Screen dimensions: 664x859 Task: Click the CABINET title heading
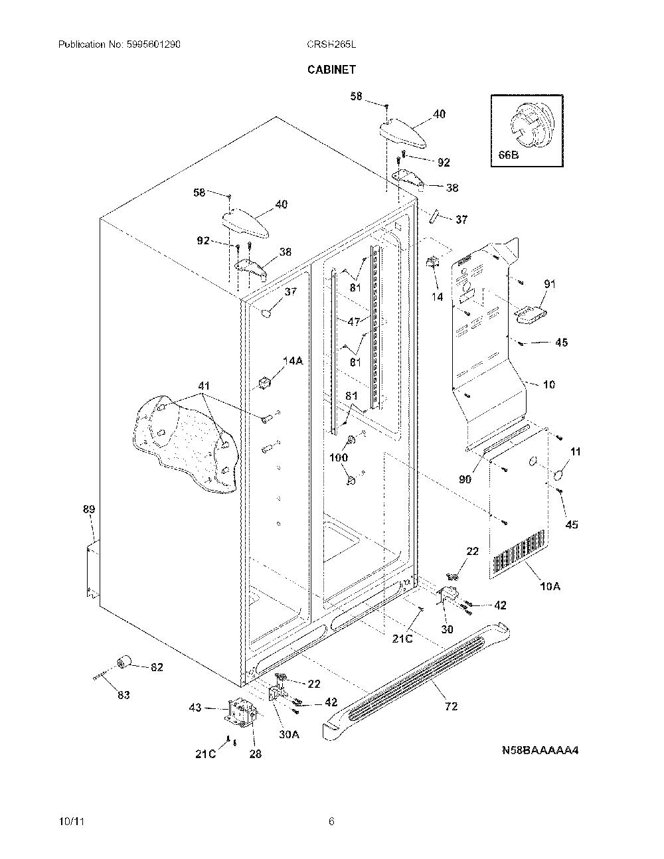(x=331, y=70)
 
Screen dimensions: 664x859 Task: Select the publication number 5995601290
(x=153, y=44)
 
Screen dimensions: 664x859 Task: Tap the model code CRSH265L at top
(x=331, y=44)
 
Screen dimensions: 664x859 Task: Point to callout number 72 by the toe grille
(x=451, y=706)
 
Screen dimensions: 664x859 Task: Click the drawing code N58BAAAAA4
(x=540, y=750)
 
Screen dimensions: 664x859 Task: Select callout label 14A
(x=293, y=360)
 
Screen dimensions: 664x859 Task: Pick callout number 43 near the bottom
(x=195, y=707)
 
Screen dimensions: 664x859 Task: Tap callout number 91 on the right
(x=550, y=284)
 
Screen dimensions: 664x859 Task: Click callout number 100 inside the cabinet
(x=339, y=457)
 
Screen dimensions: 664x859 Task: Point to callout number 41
(x=204, y=386)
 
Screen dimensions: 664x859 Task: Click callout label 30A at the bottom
(x=289, y=734)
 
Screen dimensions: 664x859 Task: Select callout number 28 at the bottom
(x=256, y=754)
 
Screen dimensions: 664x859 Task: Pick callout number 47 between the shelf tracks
(x=354, y=321)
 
